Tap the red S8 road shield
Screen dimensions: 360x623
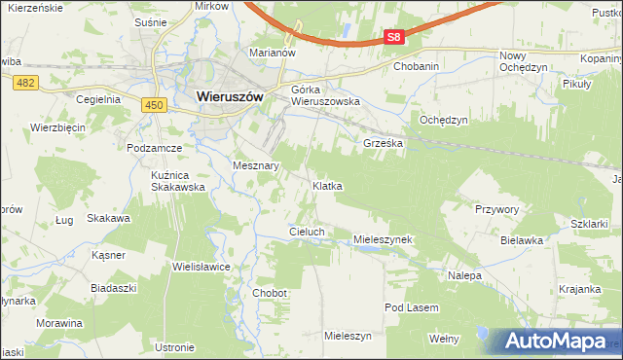tap(392, 37)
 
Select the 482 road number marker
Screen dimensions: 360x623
tap(26, 84)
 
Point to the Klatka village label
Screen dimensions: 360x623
tap(326, 185)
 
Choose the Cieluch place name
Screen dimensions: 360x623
tap(306, 232)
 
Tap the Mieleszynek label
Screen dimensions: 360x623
tap(384, 238)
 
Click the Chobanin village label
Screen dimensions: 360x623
tap(419, 66)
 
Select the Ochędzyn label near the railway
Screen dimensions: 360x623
tap(444, 119)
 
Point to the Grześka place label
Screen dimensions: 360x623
tap(383, 142)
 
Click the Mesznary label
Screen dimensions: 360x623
tap(257, 165)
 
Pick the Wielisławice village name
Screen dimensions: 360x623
tap(201, 265)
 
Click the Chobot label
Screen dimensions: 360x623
tap(269, 293)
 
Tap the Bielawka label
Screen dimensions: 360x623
tap(521, 239)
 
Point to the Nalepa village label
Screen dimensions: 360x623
tap(465, 275)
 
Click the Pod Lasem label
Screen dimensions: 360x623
tap(412, 307)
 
